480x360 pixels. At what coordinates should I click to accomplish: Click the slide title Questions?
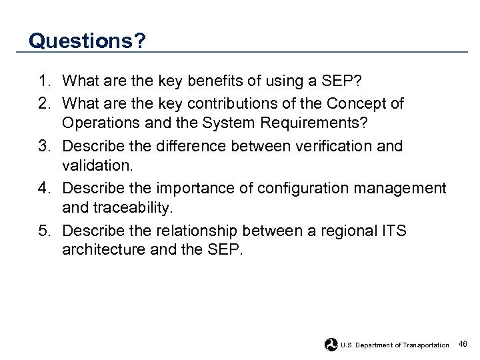[87, 41]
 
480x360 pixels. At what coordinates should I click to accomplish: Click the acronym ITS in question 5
[393, 231]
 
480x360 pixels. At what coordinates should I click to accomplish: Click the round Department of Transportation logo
[331, 344]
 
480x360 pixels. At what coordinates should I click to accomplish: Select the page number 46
[463, 344]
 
